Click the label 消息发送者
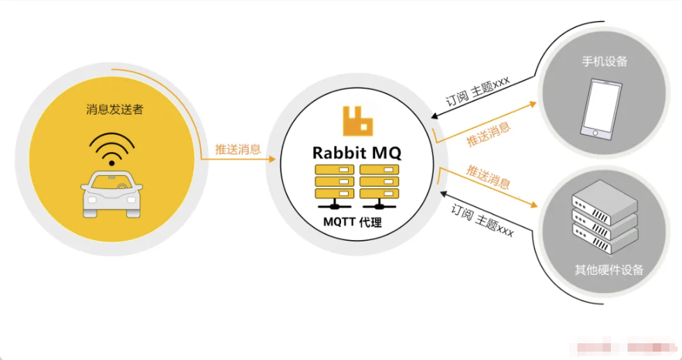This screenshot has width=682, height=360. coord(115,110)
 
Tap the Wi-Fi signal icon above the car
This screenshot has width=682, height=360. coord(112,149)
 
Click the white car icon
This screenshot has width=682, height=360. coord(112,193)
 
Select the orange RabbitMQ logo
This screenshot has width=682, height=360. coord(358,121)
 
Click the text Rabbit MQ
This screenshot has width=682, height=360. coord(356,153)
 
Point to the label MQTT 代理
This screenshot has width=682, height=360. coord(352,222)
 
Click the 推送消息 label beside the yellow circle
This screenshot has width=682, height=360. coord(238,149)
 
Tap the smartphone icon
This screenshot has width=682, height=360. coord(600,108)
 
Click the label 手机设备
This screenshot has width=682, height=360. coord(605,61)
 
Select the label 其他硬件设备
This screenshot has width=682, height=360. coord(609,270)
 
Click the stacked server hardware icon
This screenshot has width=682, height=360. coord(605,216)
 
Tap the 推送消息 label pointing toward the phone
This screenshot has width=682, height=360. coord(488,134)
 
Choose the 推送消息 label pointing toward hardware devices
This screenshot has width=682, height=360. coord(488,177)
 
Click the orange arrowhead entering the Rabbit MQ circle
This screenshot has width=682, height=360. coord(272,159)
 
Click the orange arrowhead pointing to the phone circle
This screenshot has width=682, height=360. coord(532,105)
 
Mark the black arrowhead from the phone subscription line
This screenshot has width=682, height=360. coord(434,116)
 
